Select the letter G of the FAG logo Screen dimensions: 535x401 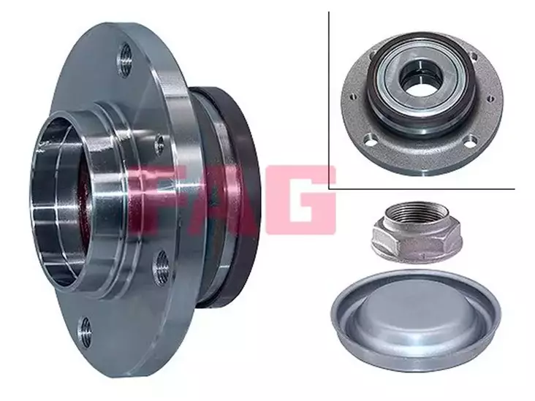[300, 200]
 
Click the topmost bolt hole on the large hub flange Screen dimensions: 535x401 [125, 61]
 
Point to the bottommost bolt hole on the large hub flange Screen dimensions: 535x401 [85, 332]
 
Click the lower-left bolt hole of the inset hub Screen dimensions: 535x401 [371, 139]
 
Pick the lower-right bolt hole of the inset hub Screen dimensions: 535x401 [471, 140]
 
